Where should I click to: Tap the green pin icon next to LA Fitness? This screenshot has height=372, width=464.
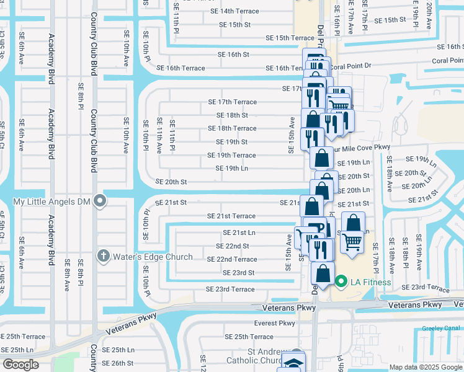tap(341, 282)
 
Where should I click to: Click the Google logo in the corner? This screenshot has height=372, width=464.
tap(20, 365)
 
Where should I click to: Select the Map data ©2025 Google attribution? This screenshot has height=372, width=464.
tap(426, 367)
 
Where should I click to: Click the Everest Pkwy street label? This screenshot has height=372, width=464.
tap(275, 323)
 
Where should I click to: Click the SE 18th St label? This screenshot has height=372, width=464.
tap(232, 115)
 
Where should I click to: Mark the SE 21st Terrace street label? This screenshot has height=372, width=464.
tap(231, 216)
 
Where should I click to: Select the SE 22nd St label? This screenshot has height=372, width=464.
tap(232, 246)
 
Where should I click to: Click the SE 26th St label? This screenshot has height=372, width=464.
tap(117, 363)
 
